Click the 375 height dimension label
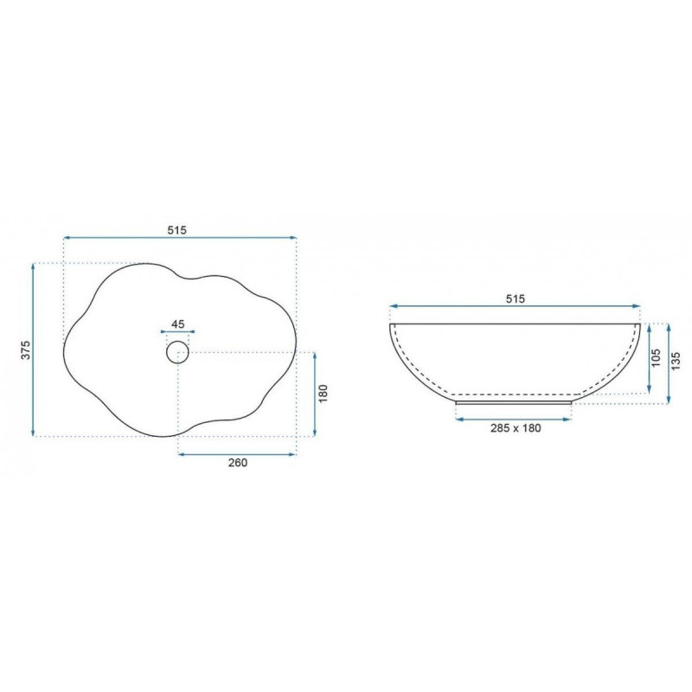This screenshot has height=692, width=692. [26, 349]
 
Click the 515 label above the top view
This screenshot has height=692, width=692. [177, 230]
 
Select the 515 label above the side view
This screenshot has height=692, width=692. [515, 298]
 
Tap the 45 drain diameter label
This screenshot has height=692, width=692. [178, 324]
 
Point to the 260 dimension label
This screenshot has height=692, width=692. [237, 463]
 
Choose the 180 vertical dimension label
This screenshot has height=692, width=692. [323, 394]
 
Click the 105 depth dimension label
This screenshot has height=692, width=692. [656, 358]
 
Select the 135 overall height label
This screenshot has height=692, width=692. [676, 361]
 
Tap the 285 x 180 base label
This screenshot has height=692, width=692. [516, 427]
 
